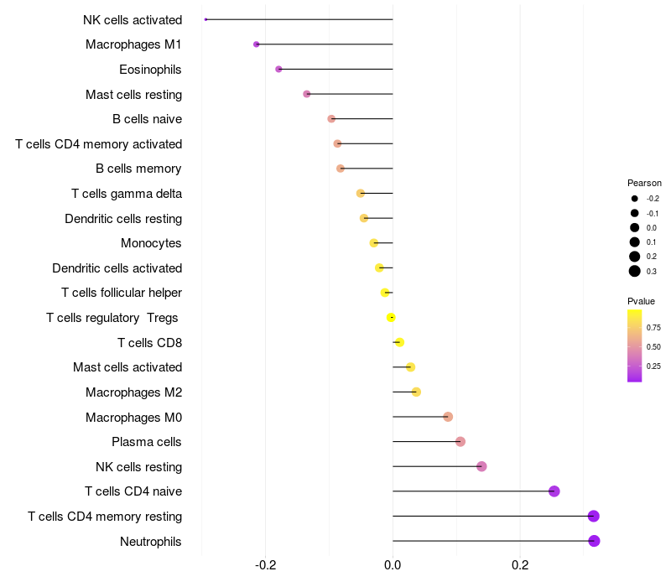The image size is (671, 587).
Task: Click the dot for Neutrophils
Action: tap(594, 541)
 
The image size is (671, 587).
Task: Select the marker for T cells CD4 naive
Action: tap(554, 491)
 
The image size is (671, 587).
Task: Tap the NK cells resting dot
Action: tap(481, 466)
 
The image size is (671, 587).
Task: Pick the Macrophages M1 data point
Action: tap(257, 44)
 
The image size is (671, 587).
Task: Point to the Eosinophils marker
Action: tap(278, 69)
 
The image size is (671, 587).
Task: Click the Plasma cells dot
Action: tap(460, 442)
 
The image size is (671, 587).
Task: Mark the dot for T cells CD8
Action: tap(399, 342)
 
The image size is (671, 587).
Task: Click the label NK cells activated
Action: tap(133, 19)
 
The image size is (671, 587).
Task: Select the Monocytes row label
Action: tap(151, 243)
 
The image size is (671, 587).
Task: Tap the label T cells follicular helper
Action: tap(122, 293)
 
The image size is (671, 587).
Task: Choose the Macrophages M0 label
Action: tap(133, 417)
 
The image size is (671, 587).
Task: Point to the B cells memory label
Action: tap(138, 169)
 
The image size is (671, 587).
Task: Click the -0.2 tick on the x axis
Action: tap(265, 565)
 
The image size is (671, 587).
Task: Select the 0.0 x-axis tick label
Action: tap(393, 565)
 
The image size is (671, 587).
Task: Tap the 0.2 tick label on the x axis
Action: tap(520, 565)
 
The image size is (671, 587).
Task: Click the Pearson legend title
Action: tap(644, 183)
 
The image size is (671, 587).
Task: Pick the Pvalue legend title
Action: tap(641, 301)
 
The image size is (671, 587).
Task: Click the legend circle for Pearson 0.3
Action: tap(635, 271)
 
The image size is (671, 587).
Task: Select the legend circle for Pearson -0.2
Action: tap(635, 199)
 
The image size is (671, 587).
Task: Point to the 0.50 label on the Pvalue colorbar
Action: tap(653, 346)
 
